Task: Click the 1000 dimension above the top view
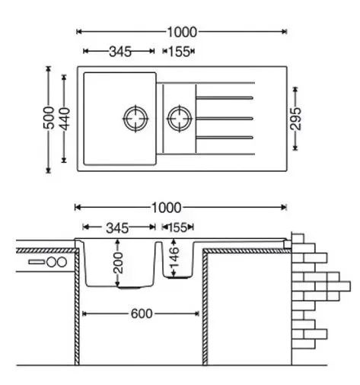(182, 32)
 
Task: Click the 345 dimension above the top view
(120, 52)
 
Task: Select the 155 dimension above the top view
(179, 52)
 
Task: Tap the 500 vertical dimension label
(49, 118)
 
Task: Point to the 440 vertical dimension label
(65, 119)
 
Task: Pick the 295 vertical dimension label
(296, 119)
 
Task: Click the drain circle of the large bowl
(135, 119)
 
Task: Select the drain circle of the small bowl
(180, 119)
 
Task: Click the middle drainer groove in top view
(225, 119)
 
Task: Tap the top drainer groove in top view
(225, 97)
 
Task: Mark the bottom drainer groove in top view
(225, 138)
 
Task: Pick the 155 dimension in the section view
(177, 228)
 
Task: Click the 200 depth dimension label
(119, 262)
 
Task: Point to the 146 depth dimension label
(175, 257)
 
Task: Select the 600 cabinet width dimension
(142, 314)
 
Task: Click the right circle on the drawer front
(62, 262)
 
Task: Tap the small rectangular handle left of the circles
(37, 262)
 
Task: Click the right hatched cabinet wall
(205, 307)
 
